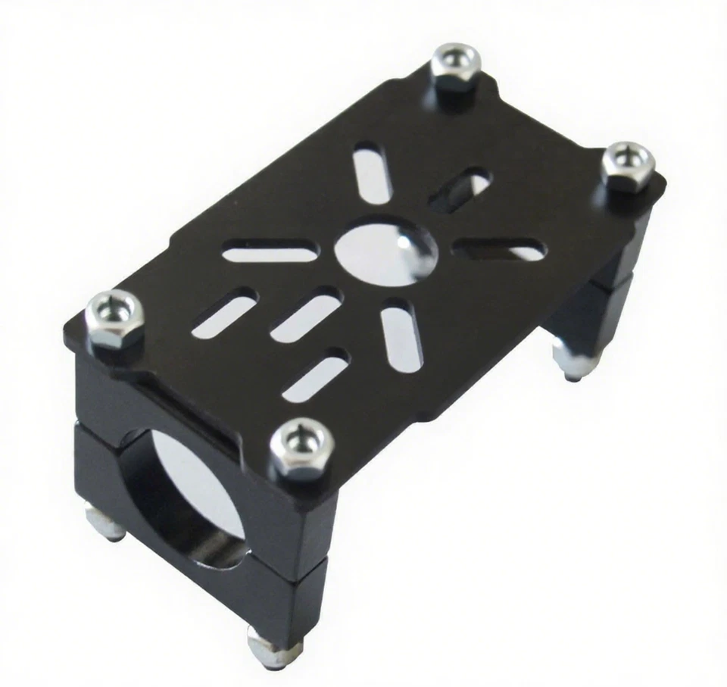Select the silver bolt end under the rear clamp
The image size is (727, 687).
click(568, 358)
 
